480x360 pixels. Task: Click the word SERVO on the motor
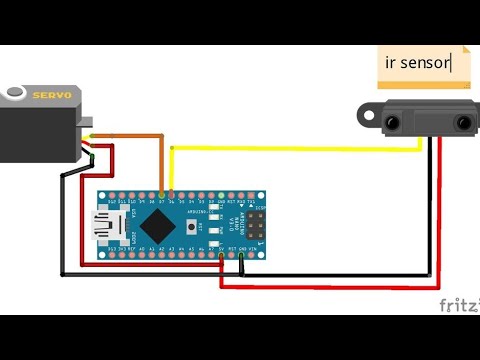[52, 95]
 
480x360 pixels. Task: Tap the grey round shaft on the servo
[15, 94]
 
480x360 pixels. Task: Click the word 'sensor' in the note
[425, 63]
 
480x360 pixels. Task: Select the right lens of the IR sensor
[462, 122]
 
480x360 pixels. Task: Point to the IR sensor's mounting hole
[366, 115]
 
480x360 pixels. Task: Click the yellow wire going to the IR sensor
[300, 149]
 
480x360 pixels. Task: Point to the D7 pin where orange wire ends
[162, 194]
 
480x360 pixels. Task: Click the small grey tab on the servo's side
[87, 122]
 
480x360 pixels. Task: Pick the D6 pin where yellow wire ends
[172, 194]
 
